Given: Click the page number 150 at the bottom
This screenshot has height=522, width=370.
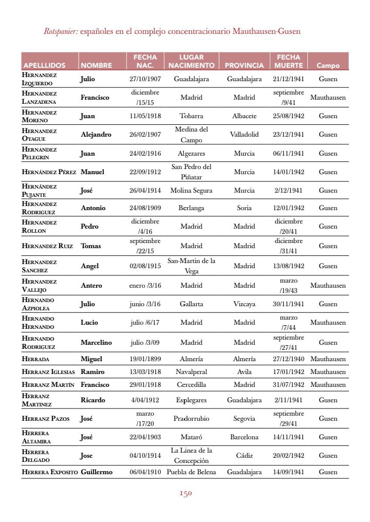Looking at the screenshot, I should [185, 494].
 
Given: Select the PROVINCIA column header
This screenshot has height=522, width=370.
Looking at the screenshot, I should [244, 65].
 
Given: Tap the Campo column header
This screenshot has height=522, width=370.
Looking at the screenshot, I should [328, 65].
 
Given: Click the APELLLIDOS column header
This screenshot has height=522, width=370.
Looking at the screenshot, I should [44, 65].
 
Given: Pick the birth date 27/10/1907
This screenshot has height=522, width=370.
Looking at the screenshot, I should [145, 79].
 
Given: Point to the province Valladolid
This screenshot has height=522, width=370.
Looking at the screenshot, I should [244, 135].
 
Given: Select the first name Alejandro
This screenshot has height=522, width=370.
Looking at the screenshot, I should [96, 135].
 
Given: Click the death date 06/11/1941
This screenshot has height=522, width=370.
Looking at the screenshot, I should [288, 153].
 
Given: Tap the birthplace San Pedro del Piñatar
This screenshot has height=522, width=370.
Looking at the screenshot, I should [191, 172].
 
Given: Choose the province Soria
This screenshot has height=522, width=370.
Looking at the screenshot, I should [244, 208].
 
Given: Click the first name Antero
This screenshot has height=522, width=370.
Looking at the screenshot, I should [91, 286].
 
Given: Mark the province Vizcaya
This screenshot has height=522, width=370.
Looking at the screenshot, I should [244, 304].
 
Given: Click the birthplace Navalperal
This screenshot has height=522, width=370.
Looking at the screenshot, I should [191, 372].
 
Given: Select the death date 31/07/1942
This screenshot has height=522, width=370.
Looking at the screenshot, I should [288, 385].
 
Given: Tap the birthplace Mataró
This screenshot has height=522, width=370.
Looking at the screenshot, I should [191, 437].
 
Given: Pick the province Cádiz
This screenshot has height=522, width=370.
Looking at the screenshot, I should [244, 456].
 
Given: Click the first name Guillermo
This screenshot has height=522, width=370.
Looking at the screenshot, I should [97, 472].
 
